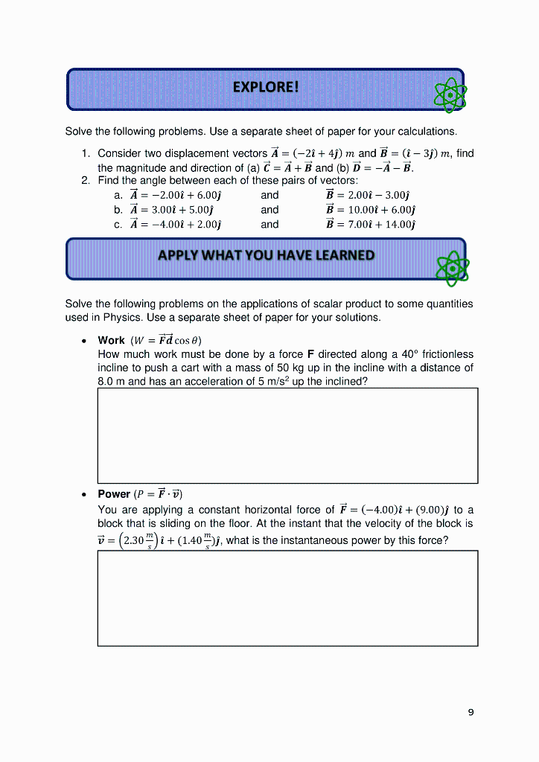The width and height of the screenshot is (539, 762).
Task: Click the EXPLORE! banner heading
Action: tap(265, 87)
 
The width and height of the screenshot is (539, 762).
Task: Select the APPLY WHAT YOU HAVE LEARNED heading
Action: tap(266, 255)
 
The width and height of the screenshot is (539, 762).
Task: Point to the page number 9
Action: tap(471, 712)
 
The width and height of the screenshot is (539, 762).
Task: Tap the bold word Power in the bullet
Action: tap(114, 494)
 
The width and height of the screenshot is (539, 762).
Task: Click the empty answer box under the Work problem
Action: tap(287, 435)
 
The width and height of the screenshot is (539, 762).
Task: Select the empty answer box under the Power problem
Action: tap(287, 598)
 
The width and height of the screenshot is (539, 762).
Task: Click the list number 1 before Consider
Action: tap(86, 153)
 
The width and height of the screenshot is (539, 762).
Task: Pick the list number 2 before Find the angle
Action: tap(86, 181)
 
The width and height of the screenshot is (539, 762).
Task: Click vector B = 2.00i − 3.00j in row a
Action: tap(370, 195)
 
